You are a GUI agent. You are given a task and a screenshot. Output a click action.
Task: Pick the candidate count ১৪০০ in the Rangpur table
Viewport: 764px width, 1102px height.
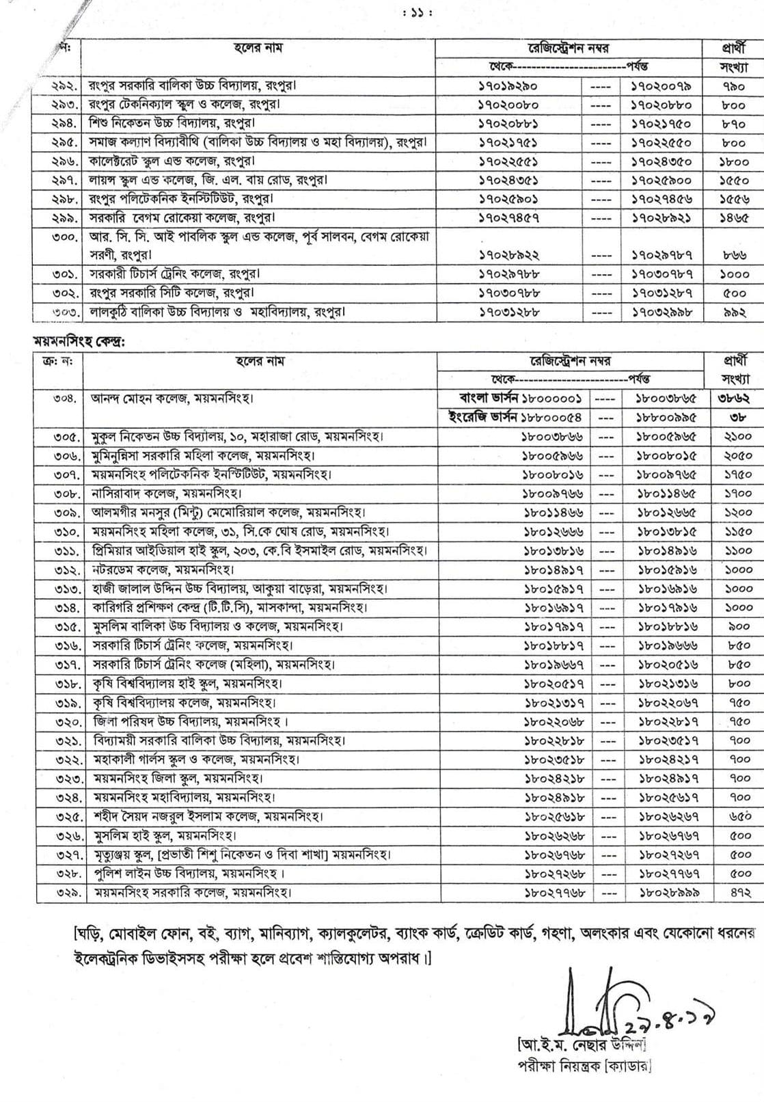coord(733,162)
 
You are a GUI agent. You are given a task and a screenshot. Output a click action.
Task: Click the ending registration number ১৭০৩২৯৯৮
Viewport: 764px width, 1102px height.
coord(660,312)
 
